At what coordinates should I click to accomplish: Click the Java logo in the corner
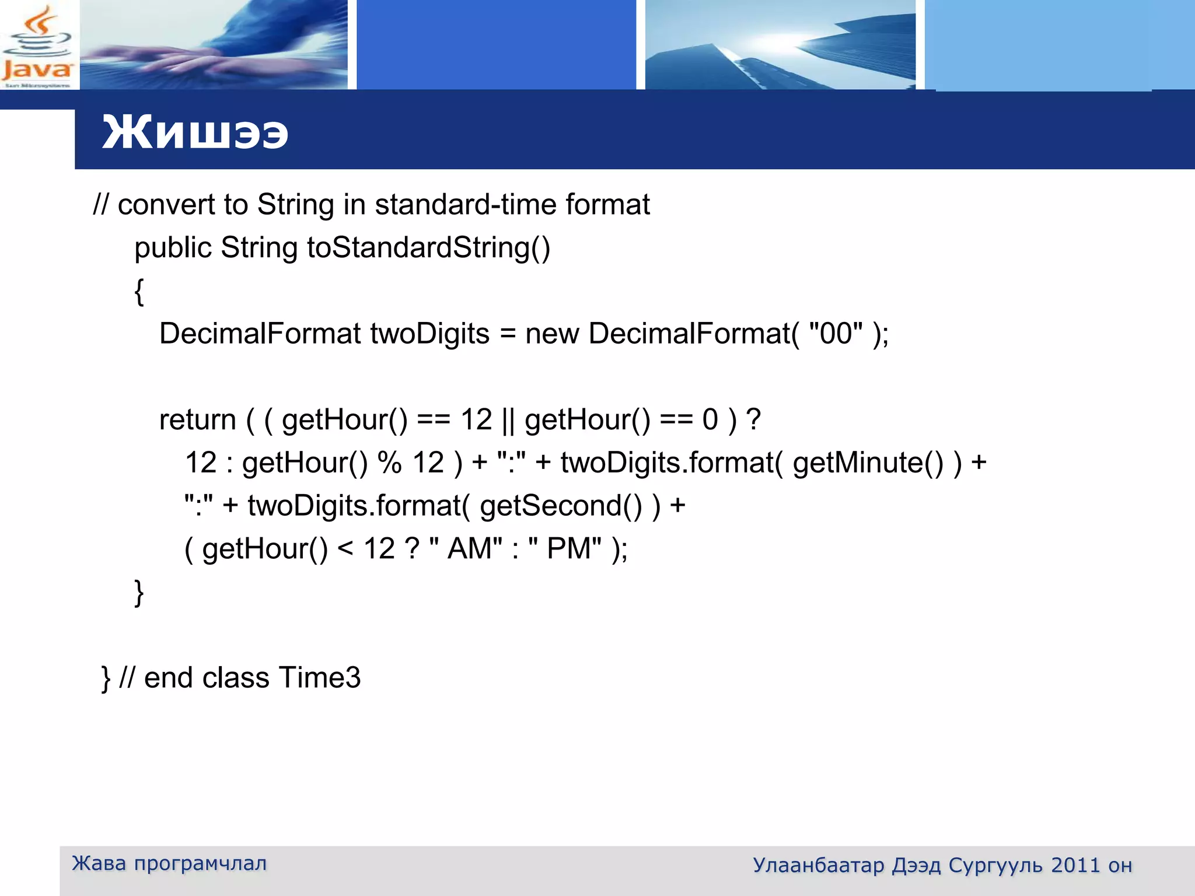pos(37,45)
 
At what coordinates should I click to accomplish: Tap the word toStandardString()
pos(429,248)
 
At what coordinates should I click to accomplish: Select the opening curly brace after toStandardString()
pos(139,290)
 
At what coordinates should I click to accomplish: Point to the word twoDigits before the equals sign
pos(430,334)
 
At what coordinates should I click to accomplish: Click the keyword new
pos(552,334)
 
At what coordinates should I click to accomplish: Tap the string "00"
pos(836,334)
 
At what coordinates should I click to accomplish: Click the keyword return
pos(197,420)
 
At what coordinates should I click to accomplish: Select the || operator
pos(508,420)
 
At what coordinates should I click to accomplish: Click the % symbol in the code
pos(389,463)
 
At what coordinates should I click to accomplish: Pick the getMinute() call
pos(868,463)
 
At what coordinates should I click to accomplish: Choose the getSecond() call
pos(561,506)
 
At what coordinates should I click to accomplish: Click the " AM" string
pos(466,548)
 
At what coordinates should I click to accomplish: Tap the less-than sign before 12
pos(345,548)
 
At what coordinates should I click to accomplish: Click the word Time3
pos(320,678)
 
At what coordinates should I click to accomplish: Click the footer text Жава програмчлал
pos(169,863)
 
